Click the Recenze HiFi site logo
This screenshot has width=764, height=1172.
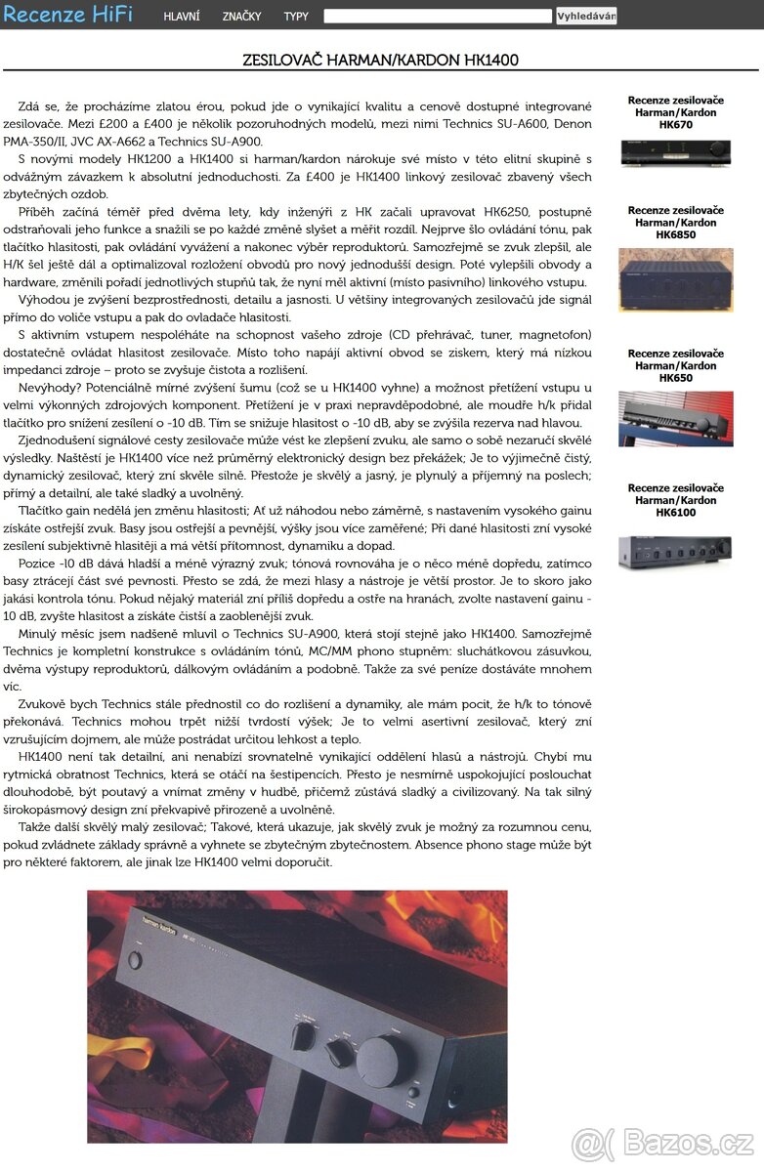[x=67, y=15]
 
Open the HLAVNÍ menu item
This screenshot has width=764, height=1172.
[x=182, y=17]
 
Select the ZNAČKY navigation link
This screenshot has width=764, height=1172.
[x=241, y=17]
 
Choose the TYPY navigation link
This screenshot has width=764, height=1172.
[x=296, y=17]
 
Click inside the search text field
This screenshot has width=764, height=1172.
[x=438, y=16]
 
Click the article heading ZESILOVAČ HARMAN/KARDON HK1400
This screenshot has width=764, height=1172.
[x=380, y=61]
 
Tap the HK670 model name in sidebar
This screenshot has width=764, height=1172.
[x=675, y=125]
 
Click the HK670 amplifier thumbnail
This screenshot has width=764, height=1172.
[x=675, y=152]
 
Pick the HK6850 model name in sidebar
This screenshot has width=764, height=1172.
[x=675, y=235]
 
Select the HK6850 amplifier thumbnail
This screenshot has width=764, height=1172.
[x=675, y=279]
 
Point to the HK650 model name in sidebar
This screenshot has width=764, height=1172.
[x=675, y=378]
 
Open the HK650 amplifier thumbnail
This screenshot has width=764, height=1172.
[x=675, y=418]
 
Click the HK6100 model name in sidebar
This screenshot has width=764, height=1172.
[x=675, y=513]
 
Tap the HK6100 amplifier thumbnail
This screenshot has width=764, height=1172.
[x=675, y=550]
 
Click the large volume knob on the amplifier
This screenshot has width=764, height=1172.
[x=384, y=1058]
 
